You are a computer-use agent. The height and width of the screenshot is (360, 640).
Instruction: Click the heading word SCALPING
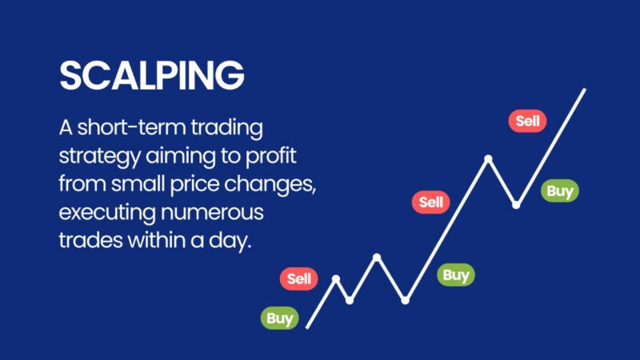pyautogui.click(x=151, y=75)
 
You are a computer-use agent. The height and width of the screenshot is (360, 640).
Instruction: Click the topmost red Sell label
pyautogui.click(x=527, y=122)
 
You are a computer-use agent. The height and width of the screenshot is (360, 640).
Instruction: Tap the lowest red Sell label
pyautogui.click(x=299, y=279)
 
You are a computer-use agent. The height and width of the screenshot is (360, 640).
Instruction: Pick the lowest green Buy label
pyautogui.click(x=279, y=318)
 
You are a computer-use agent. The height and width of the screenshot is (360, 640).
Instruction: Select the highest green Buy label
pyautogui.click(x=559, y=191)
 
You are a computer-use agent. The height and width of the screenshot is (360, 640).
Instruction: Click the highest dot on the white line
pyautogui.click(x=488, y=158)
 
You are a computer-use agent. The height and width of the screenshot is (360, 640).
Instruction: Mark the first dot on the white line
pyautogui.click(x=336, y=278)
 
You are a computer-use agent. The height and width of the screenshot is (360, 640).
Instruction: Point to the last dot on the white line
pyautogui.click(x=516, y=205)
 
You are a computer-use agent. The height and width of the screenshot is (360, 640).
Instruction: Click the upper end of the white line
pyautogui.click(x=585, y=90)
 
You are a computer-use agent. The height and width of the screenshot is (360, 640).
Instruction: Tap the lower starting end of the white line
pyautogui.click(x=308, y=327)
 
